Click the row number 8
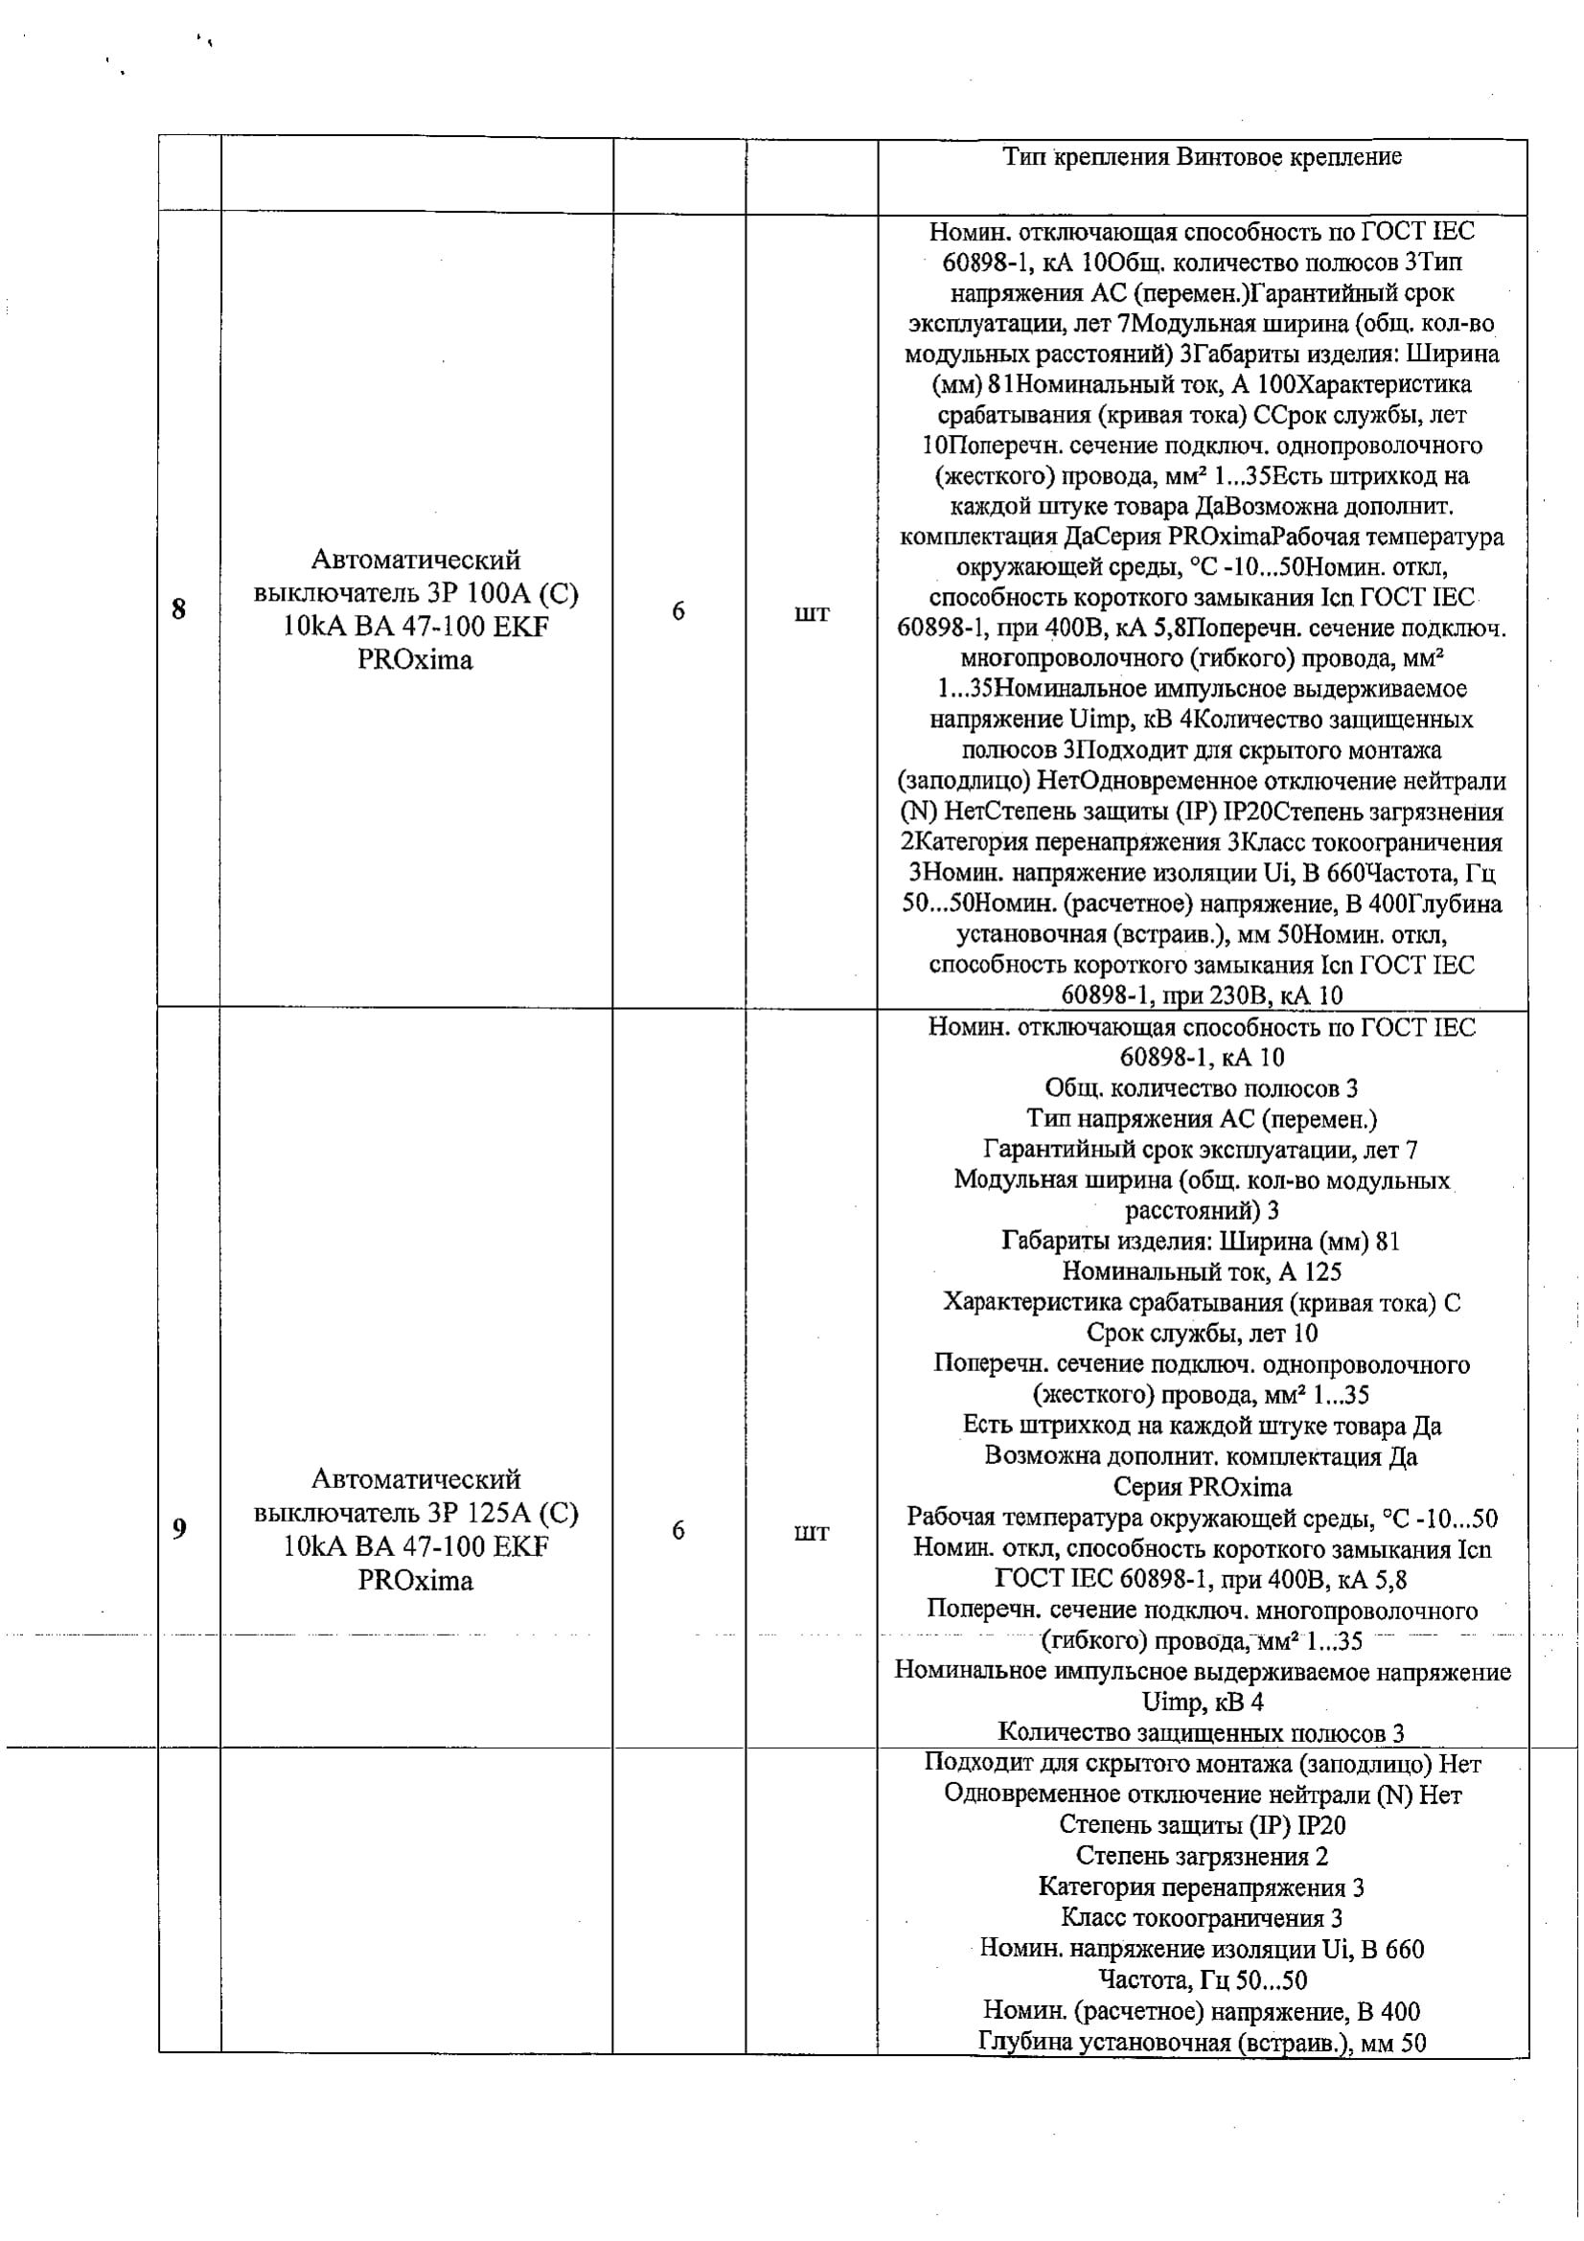coord(178,610)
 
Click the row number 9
coord(179,1528)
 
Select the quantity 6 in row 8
coord(678,612)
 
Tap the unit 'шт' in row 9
coord(811,1531)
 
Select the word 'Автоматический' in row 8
coord(416,560)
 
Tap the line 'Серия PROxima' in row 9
coord(1202,1488)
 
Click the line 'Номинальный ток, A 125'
coord(1202,1271)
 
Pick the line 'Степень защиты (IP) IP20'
coord(1202,1825)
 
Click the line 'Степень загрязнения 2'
coord(1202,1857)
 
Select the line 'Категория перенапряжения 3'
coord(1202,1887)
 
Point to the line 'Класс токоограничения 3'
coord(1202,1919)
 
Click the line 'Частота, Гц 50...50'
coord(1202,1980)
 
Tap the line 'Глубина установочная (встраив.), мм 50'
coord(1202,2042)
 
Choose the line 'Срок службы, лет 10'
coord(1202,1334)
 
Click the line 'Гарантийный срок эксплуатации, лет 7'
coord(1202,1150)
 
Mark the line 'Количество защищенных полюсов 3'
coord(1202,1733)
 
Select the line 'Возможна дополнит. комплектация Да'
coord(1202,1456)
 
